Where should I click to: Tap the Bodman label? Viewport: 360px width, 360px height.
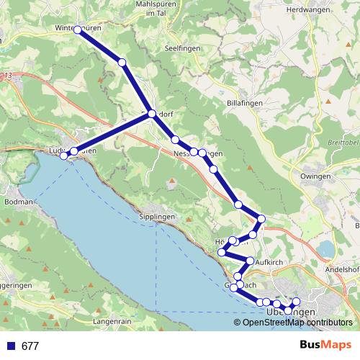pos(19,202)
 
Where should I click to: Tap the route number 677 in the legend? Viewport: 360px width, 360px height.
pos(30,346)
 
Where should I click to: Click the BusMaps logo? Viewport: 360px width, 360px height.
pos(325,346)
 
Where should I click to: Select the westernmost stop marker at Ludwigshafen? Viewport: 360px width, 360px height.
pos(63,156)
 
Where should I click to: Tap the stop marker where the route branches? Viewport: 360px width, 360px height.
pos(151,113)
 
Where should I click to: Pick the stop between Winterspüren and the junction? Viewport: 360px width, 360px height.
pos(122,63)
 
